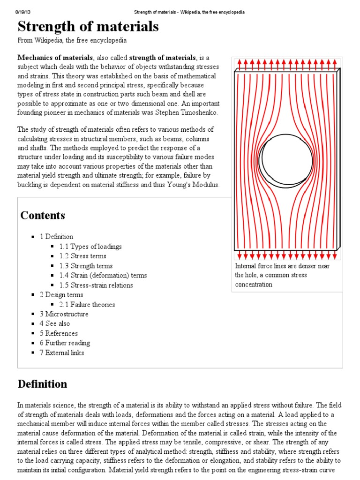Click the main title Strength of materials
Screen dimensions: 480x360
(x=88, y=27)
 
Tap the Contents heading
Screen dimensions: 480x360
(x=43, y=216)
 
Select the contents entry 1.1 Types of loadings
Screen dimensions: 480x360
(x=90, y=247)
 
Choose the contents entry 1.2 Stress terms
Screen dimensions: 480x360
(x=82, y=256)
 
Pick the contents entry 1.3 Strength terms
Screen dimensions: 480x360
(x=86, y=266)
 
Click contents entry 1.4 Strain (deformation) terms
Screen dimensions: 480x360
(x=103, y=276)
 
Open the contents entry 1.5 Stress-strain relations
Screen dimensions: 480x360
(x=96, y=285)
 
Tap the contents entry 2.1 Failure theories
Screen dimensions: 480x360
(x=87, y=305)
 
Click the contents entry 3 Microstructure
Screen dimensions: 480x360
(x=64, y=314)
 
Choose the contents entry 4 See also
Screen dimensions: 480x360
(x=54, y=323)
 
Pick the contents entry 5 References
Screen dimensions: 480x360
(x=59, y=333)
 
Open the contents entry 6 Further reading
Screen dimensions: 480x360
(x=65, y=343)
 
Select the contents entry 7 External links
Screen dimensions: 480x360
(x=61, y=352)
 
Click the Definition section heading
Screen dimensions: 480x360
(x=42, y=384)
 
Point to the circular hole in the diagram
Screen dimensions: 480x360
(x=286, y=159)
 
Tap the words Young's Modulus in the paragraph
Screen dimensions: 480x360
(x=192, y=185)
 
